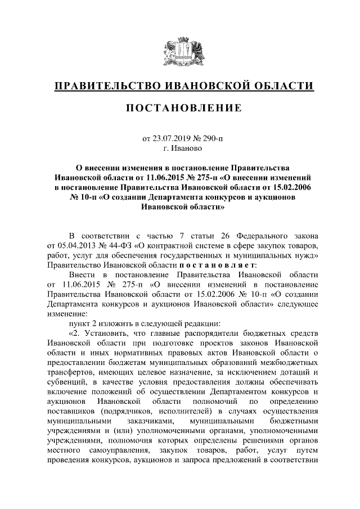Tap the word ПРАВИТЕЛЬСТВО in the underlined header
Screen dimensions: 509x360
pos(107,85)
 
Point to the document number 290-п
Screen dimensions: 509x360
pos(210,137)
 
